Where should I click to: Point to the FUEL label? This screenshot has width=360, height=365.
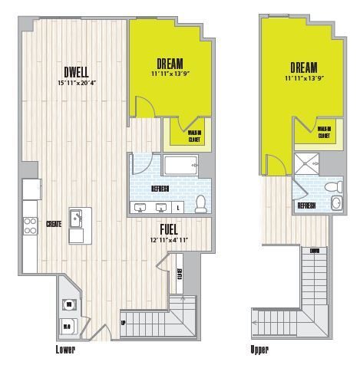point(170,229)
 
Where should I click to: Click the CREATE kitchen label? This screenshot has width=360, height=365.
point(54,224)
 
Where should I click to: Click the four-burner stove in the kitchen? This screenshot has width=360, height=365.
point(31,225)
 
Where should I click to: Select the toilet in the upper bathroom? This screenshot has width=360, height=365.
point(332,186)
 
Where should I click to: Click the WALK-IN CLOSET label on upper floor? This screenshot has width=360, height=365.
point(324,132)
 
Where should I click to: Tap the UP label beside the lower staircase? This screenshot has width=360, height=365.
point(124,322)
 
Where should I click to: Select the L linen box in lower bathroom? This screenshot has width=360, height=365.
point(180,208)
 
